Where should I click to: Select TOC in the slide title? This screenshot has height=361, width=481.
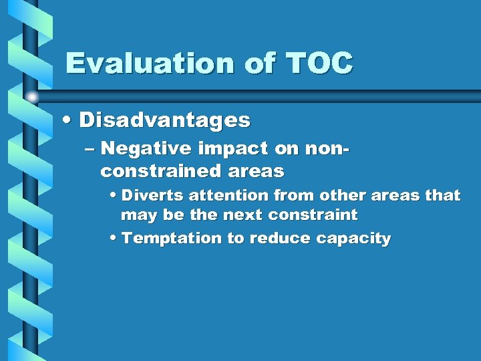(319, 64)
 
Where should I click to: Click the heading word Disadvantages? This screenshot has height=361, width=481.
(165, 120)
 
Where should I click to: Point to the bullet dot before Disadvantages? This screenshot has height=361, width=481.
(67, 121)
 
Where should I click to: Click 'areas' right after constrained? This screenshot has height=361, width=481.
(256, 171)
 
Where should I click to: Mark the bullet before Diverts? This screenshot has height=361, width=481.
(112, 196)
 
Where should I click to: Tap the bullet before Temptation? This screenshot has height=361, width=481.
(112, 239)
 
